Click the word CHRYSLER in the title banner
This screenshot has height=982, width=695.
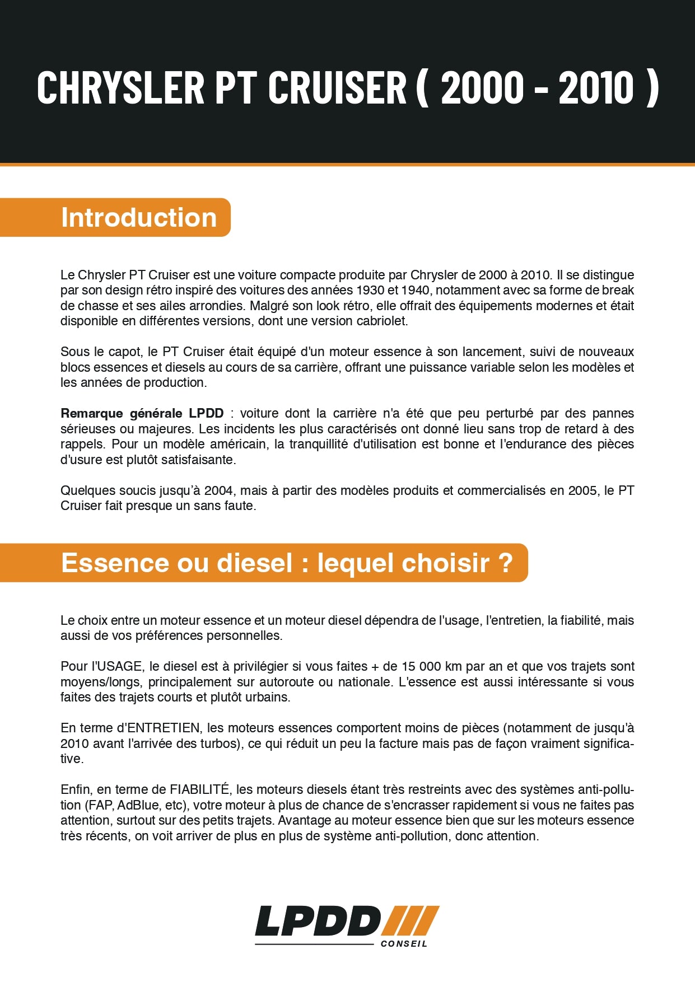tap(120, 88)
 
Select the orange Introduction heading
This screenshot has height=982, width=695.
tap(139, 217)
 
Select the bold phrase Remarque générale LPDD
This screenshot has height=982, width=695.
tap(142, 413)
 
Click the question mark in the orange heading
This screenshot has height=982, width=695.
tap(505, 563)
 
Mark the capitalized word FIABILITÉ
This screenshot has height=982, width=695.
tap(199, 789)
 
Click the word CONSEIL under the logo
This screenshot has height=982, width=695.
tap(404, 943)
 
